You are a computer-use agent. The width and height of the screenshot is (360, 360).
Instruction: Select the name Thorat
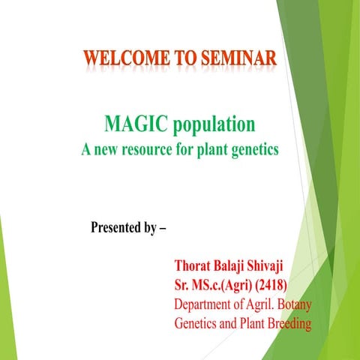point(194,266)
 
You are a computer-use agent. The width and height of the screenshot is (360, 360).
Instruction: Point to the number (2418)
point(271,286)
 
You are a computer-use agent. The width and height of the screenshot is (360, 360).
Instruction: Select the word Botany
point(289,305)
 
